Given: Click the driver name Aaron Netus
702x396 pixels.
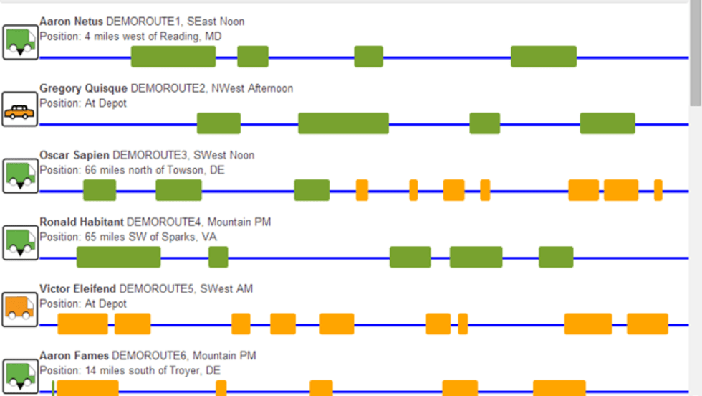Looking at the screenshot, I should click(70, 22).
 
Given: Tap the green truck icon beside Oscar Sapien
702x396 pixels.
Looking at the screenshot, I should click(20, 176).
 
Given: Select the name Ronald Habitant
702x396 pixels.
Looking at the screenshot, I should click(81, 222).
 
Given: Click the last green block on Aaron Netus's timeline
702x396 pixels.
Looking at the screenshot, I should click(543, 57).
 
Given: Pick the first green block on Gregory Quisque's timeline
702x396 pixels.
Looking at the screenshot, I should click(218, 123).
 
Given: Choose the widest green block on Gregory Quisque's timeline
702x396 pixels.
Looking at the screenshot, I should click(343, 123).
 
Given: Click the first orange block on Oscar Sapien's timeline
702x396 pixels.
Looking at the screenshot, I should click(362, 190).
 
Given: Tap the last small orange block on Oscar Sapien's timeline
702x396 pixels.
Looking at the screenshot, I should click(658, 190).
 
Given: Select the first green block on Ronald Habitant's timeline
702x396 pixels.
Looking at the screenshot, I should click(118, 257).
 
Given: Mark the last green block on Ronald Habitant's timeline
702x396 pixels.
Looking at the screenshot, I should click(556, 257).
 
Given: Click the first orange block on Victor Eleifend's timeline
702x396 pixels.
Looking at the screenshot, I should click(82, 324).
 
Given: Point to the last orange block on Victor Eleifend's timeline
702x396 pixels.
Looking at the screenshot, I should click(647, 324).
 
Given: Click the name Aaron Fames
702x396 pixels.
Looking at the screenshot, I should click(74, 356).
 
